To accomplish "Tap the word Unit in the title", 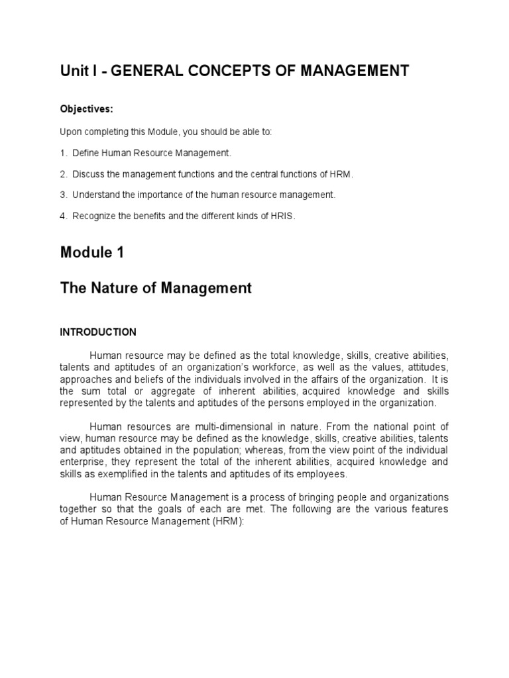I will click(74, 71).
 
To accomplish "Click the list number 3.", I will click(63, 195).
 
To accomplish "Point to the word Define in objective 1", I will click(85, 153).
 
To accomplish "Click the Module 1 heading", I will click(92, 252).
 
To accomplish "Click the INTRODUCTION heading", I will click(98, 332).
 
